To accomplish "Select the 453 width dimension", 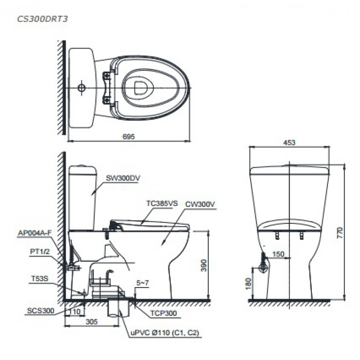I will click(x=290, y=142).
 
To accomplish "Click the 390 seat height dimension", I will click(x=204, y=265).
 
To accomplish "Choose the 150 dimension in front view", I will click(x=278, y=254).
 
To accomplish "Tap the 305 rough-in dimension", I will click(x=88, y=322).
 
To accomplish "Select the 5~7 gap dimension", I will click(x=143, y=282).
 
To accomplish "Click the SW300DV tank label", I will click(x=123, y=178).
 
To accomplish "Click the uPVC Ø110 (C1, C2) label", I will click(x=164, y=333).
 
